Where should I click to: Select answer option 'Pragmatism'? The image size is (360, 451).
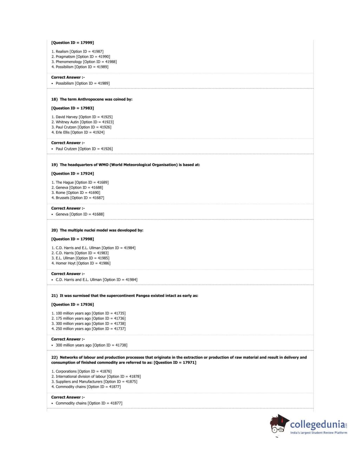65,57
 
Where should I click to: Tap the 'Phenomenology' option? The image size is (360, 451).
69,62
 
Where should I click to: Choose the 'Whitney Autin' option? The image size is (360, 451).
67,122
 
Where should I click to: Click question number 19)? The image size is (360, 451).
54,165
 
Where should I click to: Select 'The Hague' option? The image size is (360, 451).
65,183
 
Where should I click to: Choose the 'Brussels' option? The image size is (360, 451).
63,198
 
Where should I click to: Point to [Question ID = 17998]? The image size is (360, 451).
72,239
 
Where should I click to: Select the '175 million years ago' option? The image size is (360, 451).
73,319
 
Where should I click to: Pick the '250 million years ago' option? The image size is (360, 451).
73,329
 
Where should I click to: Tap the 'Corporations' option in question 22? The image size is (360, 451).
66,371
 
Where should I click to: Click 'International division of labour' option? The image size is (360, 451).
81,377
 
